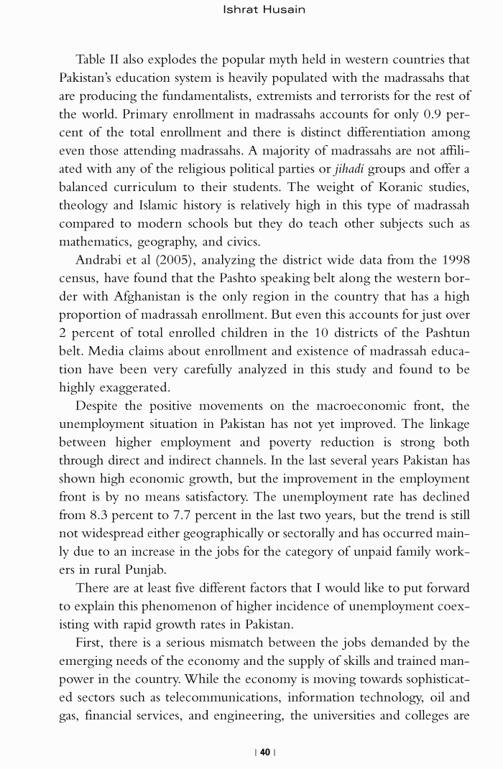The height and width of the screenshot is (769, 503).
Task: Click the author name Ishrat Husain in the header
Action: (265, 9)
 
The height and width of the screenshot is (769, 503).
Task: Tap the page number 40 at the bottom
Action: (265, 752)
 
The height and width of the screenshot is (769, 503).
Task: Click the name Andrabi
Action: (100, 259)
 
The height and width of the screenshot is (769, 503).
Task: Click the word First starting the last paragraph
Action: (90, 643)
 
